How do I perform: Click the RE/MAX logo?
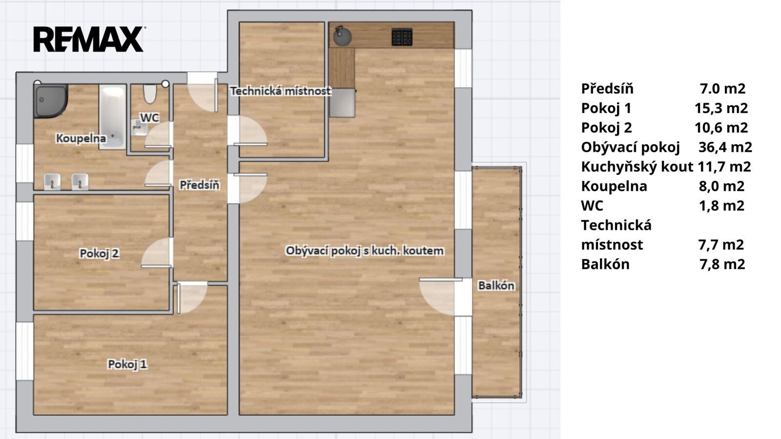89,39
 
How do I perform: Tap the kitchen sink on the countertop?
342,36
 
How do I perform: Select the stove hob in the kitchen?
402,37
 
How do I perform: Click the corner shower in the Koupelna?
50,100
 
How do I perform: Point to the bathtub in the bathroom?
112,117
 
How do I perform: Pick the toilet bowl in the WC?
150,93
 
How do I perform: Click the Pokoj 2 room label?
100,253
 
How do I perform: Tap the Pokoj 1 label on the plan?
127,364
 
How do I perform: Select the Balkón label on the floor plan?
496,286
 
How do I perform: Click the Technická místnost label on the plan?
281,91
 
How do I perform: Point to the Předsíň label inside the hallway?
200,185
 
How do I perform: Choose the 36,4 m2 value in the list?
725,147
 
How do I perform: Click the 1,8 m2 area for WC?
722,205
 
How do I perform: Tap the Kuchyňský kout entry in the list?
637,167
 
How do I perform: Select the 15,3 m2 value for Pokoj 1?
721,108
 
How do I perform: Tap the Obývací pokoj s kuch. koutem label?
365,251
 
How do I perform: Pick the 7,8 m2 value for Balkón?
722,264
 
